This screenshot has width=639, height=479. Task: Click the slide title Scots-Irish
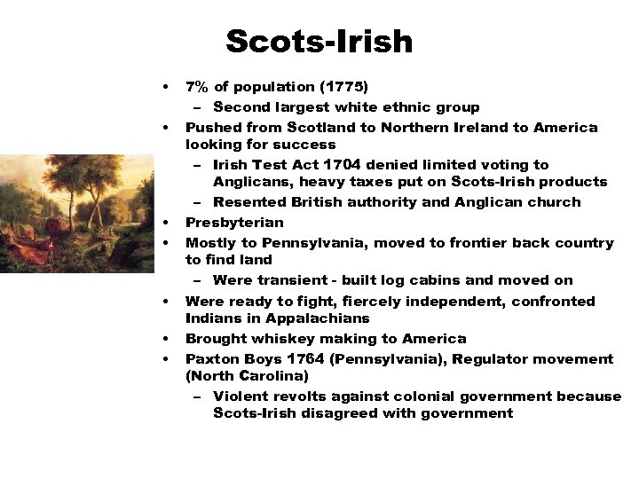[319, 42]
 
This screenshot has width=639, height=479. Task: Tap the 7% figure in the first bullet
[197, 87]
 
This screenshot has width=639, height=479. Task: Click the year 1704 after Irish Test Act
[350, 164]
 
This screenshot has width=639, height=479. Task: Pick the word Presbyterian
[234, 222]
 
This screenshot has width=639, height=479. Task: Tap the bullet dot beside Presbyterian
[165, 222]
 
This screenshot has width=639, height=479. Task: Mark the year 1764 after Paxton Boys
[307, 358]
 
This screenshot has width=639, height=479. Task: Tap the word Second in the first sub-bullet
[241, 106]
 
